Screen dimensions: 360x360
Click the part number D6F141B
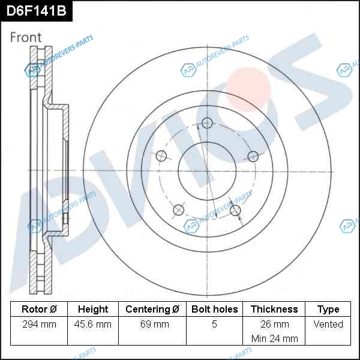(36, 11)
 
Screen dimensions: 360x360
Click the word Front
(26, 37)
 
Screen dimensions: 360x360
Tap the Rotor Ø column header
(39, 309)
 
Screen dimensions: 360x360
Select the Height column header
(93, 309)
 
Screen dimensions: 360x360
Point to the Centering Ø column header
(152, 309)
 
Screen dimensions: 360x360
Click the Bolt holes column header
(214, 309)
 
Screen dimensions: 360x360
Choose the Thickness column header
(274, 309)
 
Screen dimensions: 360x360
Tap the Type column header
(328, 310)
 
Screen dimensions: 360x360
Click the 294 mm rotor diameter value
(39, 324)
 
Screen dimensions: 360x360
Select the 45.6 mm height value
(93, 324)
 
